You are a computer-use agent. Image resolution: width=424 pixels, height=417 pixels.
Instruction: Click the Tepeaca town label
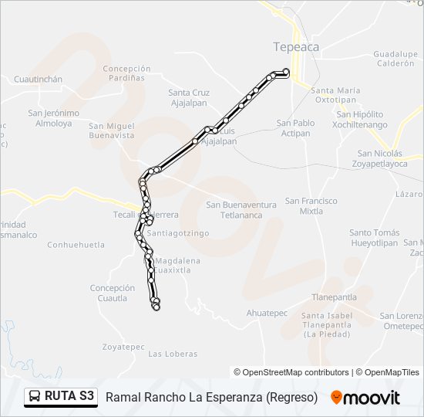[296, 47]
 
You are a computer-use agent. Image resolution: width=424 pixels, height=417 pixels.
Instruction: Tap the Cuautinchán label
[38, 80]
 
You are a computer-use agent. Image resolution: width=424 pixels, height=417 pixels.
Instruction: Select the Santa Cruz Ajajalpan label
[189, 97]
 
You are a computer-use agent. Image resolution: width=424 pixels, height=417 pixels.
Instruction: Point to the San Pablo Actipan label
[296, 127]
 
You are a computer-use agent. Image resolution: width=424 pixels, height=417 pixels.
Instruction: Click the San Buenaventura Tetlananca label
[241, 209]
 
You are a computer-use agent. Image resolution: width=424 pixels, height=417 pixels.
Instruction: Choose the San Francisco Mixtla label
[311, 205]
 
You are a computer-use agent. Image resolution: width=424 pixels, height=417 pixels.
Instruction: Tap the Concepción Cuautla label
[113, 293]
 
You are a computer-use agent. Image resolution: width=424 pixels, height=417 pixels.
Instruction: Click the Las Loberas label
[173, 354]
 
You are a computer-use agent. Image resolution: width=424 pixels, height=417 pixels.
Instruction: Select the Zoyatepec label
[123, 347]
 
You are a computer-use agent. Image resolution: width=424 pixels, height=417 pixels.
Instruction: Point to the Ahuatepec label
[267, 313]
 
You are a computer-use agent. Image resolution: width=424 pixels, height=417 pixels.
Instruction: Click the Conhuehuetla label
[76, 245]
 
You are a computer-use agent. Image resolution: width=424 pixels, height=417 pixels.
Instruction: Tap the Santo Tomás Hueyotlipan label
[375, 237]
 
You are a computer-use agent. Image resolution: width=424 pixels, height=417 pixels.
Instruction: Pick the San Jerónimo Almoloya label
[53, 117]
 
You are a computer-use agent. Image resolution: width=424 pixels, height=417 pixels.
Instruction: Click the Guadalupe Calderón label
[395, 59]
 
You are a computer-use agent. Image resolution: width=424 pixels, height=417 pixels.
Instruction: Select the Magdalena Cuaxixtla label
[177, 266]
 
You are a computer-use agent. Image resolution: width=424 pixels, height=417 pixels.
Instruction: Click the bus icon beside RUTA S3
[35, 397]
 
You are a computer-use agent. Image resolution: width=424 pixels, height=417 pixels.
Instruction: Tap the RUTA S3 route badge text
[70, 397]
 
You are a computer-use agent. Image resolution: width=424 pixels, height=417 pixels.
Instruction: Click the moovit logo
[365, 398]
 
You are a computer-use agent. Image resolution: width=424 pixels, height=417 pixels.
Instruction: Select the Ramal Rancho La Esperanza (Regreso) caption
[211, 398]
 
